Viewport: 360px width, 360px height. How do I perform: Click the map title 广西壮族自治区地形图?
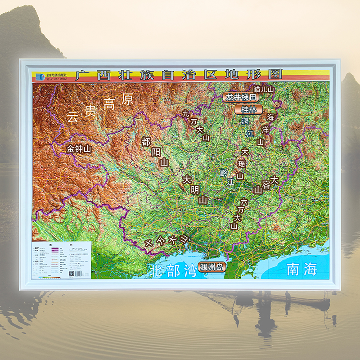[x=179, y=74]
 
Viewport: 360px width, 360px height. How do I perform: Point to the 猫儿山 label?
[x=263, y=89]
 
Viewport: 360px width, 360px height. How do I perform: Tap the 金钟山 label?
[x=79, y=148]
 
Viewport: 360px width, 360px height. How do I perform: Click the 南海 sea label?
[x=302, y=269]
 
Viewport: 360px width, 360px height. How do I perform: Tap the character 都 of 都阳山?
[x=146, y=141]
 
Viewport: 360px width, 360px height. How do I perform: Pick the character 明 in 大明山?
[x=195, y=189]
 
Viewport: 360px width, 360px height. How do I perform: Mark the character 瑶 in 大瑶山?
[x=242, y=164]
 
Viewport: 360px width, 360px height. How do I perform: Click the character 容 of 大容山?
[x=266, y=184]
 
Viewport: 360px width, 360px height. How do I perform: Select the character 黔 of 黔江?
[x=224, y=173]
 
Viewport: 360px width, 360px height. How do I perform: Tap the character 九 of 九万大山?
[x=186, y=114]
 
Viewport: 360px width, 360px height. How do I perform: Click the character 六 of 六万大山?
[x=244, y=202]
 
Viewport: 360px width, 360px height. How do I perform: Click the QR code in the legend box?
[x=71, y=273]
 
